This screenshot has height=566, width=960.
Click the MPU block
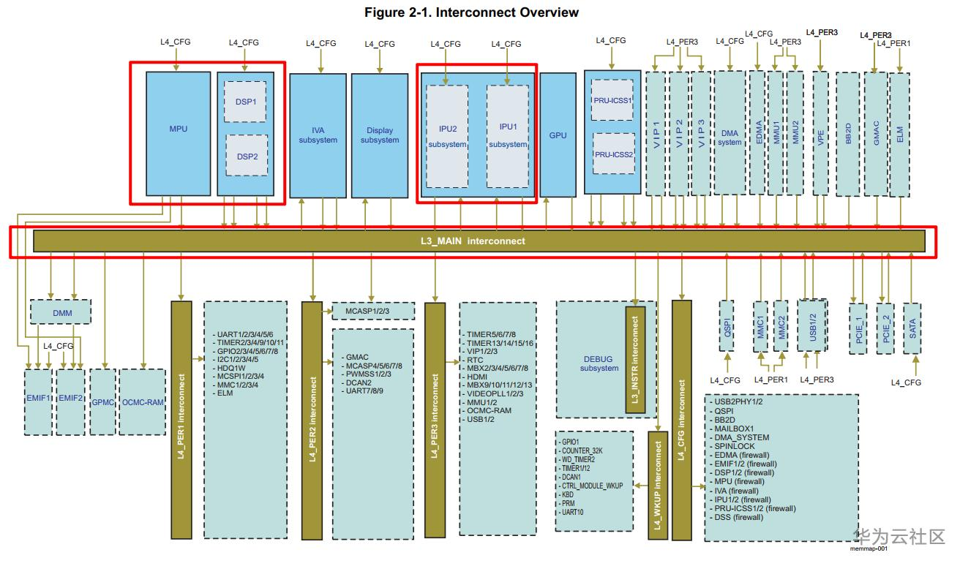coord(179,129)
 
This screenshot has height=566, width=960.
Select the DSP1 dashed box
coord(246,102)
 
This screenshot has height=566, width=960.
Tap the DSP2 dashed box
coord(246,155)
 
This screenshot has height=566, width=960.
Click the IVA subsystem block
coord(318,135)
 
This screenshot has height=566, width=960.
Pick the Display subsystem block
coord(380,135)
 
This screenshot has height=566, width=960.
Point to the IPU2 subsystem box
coord(447,136)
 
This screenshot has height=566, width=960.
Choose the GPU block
coord(558,135)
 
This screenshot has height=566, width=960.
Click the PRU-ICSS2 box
coord(613,154)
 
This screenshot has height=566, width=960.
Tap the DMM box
coord(61,312)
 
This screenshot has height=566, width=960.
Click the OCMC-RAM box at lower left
coord(143,401)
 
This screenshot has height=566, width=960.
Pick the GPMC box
coord(102,401)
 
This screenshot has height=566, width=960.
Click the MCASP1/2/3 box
coord(373,311)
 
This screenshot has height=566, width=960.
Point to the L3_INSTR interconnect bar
coord(635,359)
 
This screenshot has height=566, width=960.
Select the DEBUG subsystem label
coord(599,363)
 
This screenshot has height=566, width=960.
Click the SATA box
coord(912,328)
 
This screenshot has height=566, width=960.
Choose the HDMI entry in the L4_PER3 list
coord(477,376)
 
